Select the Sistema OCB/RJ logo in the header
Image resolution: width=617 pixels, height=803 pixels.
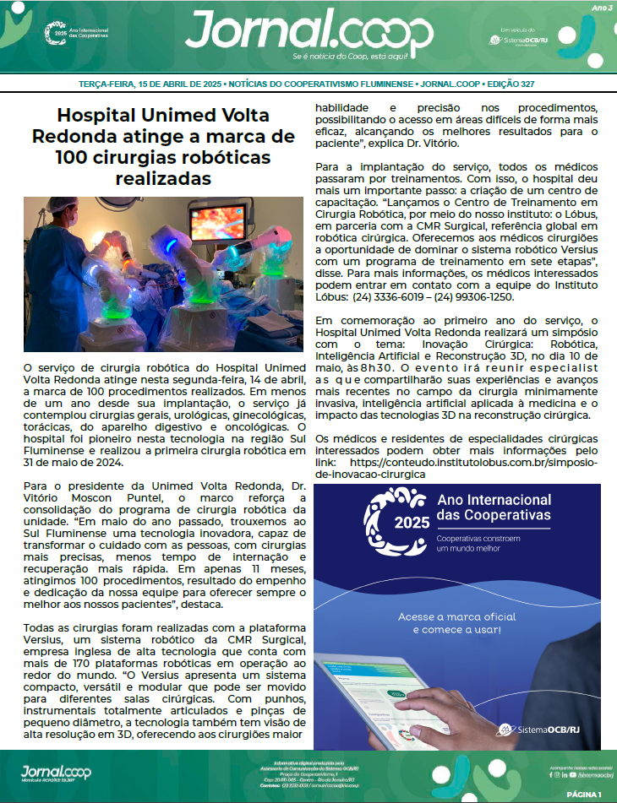click(524, 40)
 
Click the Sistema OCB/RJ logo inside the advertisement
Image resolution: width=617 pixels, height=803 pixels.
click(538, 730)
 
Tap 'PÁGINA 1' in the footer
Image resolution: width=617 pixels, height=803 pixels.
click(582, 795)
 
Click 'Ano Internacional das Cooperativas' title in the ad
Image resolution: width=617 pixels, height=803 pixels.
click(494, 507)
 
